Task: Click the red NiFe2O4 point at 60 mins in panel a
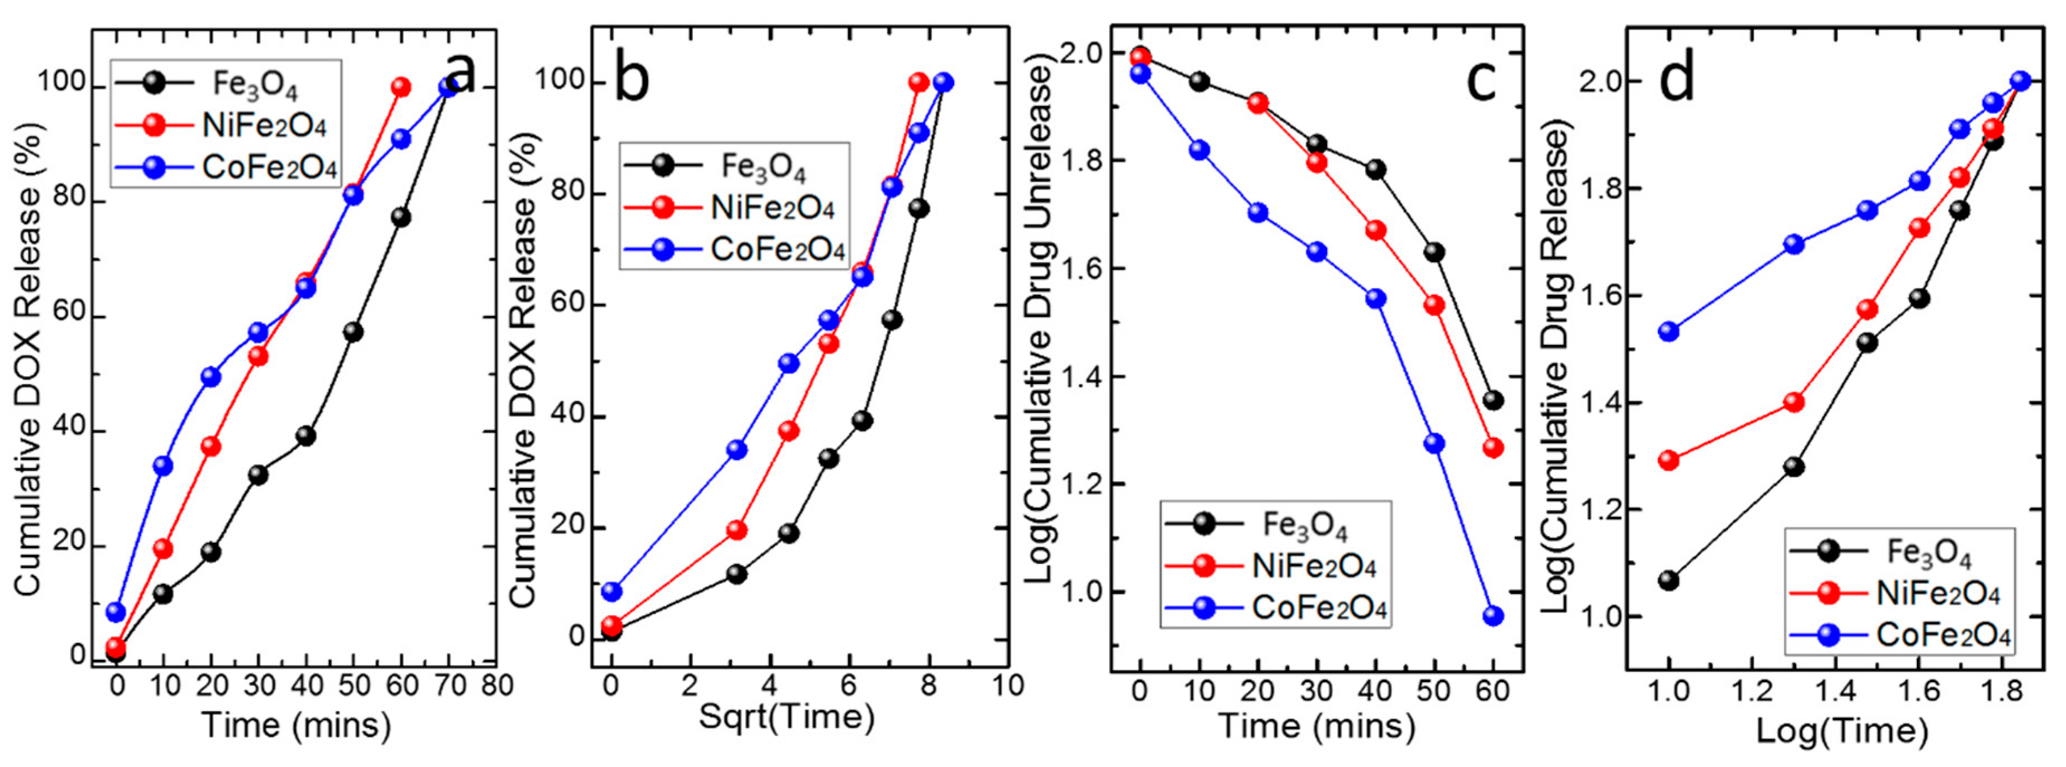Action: click(401, 87)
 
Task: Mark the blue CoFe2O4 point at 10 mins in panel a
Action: click(164, 466)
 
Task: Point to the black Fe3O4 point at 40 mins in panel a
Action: click(305, 436)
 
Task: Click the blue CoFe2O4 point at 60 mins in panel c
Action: click(1493, 616)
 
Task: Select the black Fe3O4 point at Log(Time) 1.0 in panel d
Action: click(1669, 580)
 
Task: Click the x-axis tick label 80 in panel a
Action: click(498, 686)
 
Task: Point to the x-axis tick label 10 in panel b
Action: click(1007, 685)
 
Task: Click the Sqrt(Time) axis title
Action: click(786, 716)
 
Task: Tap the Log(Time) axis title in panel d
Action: click(1842, 730)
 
